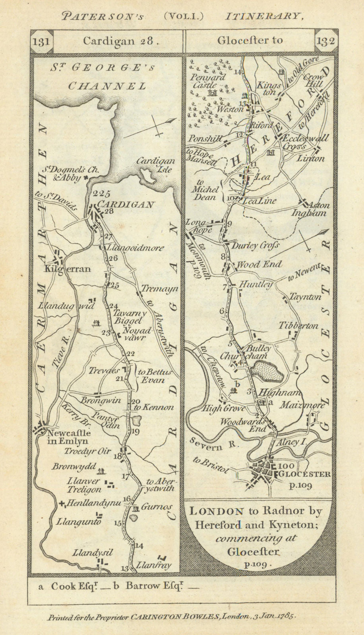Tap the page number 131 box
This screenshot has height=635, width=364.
41,41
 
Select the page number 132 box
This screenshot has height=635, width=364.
325,41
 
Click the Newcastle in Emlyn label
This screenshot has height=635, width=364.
68,437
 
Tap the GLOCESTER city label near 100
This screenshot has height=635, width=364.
305,474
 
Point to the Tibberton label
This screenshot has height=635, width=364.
298,326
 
